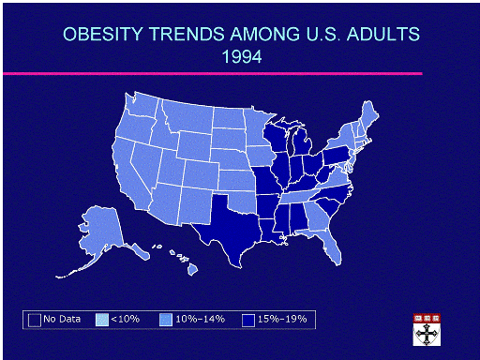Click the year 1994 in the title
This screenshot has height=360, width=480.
[x=242, y=57]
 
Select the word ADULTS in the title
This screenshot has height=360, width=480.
[x=383, y=34]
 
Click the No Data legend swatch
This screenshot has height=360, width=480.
[x=35, y=320]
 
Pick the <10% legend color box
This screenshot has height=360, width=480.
[x=102, y=320]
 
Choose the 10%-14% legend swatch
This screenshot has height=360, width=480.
[x=166, y=320]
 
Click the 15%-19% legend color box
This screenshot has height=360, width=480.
[x=248, y=320]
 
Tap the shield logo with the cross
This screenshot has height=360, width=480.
[x=427, y=330]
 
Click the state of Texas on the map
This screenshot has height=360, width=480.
[x=232, y=228]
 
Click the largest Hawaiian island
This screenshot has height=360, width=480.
[x=193, y=269]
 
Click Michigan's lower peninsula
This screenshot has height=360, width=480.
[x=303, y=142]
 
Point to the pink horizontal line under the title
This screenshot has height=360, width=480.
[x=213, y=74]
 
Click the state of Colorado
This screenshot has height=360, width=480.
[x=201, y=174]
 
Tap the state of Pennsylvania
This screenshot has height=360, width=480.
[x=336, y=156]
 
